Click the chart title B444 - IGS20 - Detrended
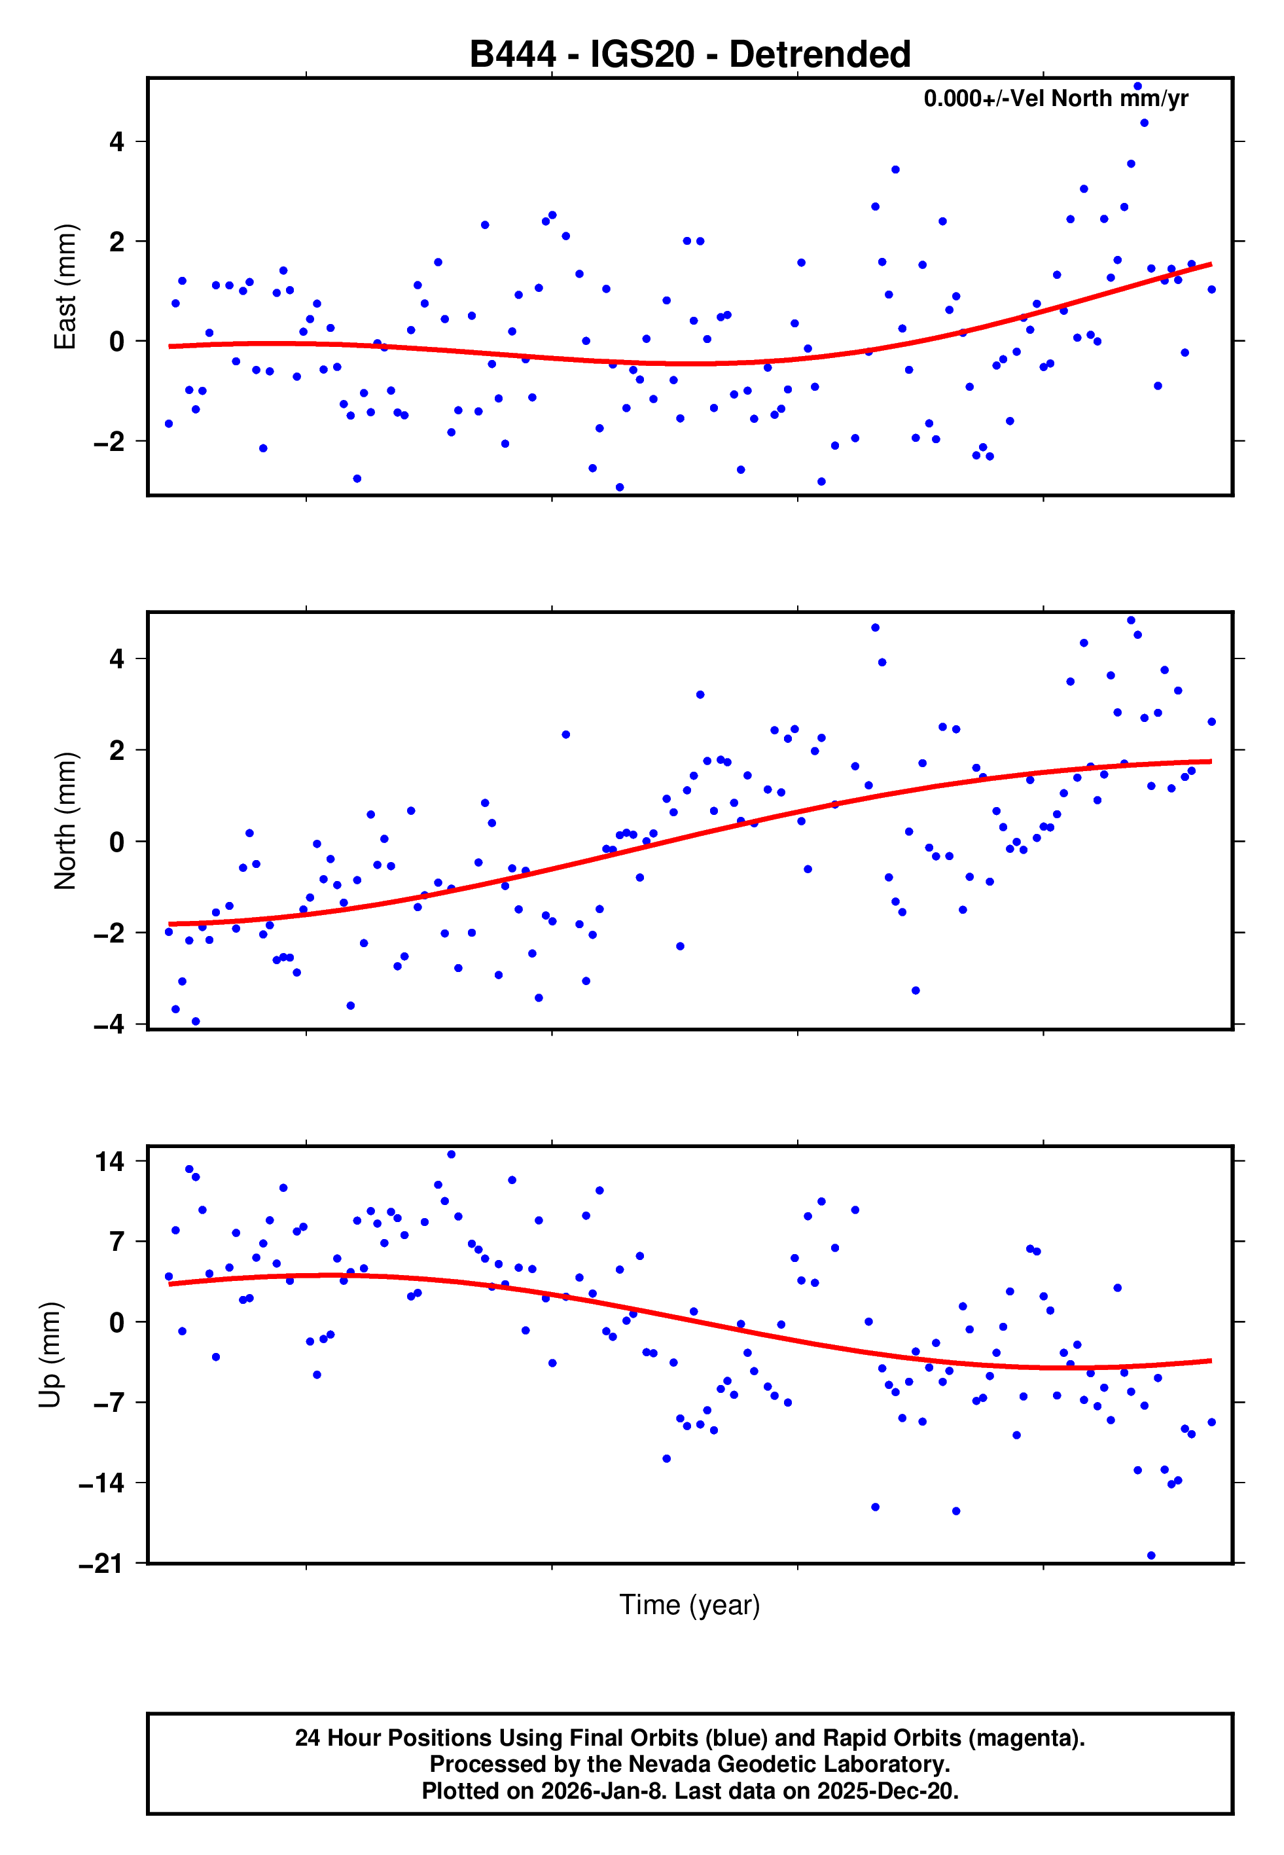pos(690,55)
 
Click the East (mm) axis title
pos(64,287)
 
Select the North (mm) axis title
pos(64,821)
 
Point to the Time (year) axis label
pos(690,1605)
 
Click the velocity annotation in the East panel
pos(1056,98)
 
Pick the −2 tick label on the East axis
pos(109,442)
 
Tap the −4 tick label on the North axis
pos(109,1025)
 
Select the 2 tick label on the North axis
pos(117,751)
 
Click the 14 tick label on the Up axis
pos(109,1162)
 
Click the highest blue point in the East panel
pos(1137,86)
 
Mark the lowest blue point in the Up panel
pos(1151,1556)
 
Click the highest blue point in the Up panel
pos(452,1155)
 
